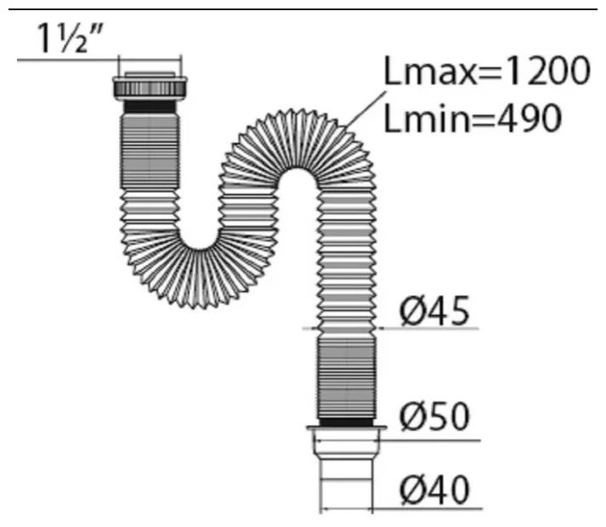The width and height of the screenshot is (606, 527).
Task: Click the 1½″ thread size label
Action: (x=71, y=38)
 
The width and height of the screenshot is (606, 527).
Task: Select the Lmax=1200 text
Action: (x=487, y=71)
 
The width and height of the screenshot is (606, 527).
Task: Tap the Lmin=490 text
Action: (x=473, y=117)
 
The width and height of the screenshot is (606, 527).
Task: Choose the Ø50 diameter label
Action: (x=435, y=416)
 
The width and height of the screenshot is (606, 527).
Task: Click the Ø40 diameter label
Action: (x=435, y=490)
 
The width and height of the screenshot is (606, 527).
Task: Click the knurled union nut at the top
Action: (x=150, y=88)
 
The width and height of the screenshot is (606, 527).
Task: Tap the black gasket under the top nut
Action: (x=150, y=106)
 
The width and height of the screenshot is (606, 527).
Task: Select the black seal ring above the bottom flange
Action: (x=346, y=422)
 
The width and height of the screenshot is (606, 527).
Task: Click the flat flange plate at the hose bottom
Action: (x=347, y=428)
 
